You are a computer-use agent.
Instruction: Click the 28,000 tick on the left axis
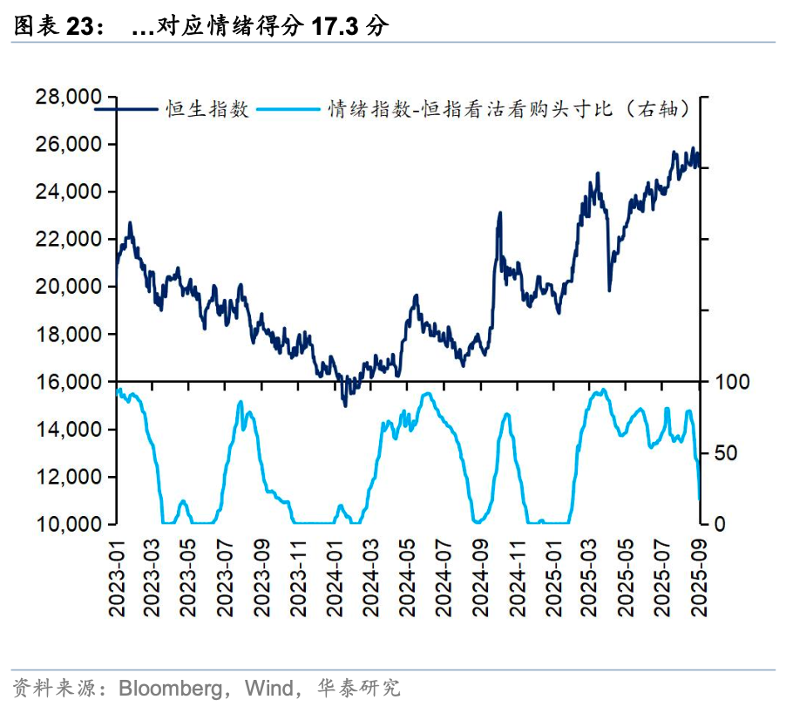[x=67, y=97]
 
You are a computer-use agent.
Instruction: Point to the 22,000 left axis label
[x=67, y=239]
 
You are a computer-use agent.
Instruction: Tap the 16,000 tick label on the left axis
[x=67, y=382]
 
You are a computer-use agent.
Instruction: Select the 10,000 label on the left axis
[x=67, y=524]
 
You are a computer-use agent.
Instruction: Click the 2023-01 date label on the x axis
[x=118, y=576]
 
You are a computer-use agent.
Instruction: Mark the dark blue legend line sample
[x=126, y=110]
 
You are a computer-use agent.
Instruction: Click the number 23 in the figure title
[x=80, y=27]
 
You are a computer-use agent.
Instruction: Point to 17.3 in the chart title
[x=335, y=27]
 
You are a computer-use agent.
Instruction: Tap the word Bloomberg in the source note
[x=170, y=689]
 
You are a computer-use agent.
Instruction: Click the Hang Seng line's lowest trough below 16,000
[x=345, y=405]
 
